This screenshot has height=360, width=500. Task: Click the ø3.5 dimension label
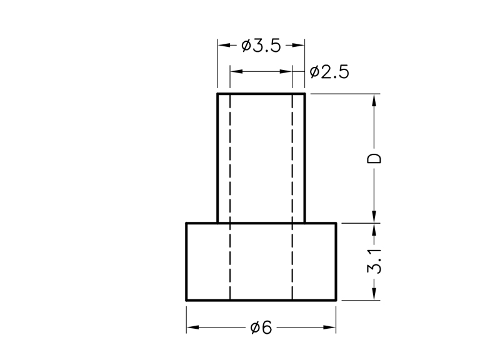pos(261,46)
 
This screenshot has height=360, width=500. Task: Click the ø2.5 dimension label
pos(329,72)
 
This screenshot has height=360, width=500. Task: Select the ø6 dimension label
pos(261,327)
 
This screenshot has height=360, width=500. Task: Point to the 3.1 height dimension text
pos(374,261)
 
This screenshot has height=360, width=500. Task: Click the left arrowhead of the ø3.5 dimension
pos(224,45)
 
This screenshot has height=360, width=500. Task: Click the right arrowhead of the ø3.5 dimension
pos(299,45)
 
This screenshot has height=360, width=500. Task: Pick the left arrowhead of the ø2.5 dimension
pos(236,71)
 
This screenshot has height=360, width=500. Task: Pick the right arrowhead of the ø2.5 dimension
pos(286,71)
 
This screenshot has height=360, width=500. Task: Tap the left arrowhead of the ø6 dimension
pos(193,327)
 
